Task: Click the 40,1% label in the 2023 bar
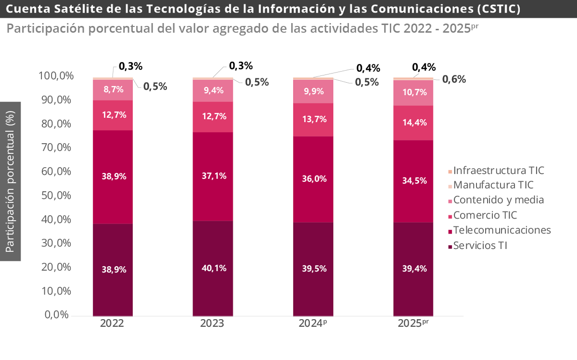pos(213,268)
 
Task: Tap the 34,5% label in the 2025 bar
pos(414,181)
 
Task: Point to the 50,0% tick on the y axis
pos(54,196)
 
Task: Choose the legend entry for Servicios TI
pos(480,246)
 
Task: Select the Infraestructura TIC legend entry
pos(499,170)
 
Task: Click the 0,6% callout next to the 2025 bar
pos(454,79)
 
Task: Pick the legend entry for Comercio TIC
pos(485,215)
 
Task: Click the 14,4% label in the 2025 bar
pos(414,123)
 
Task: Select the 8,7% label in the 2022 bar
pos(113,89)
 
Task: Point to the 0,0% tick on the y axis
pos(57,315)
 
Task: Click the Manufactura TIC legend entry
pos(493,185)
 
